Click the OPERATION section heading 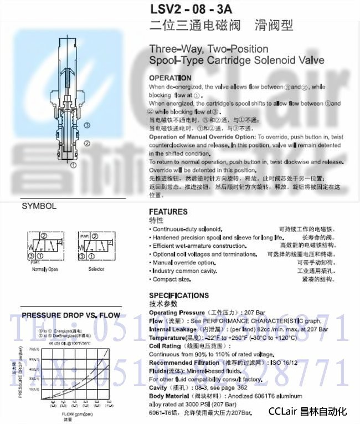pos(170,78)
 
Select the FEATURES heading pos(168,212)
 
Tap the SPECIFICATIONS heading pos(179,295)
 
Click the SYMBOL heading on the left pos(39,206)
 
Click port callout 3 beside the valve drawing pos(87,126)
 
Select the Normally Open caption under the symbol pos(44,269)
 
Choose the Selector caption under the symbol pos(96,269)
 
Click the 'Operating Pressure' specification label pos(177,313)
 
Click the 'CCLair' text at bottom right pos(284,411)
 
